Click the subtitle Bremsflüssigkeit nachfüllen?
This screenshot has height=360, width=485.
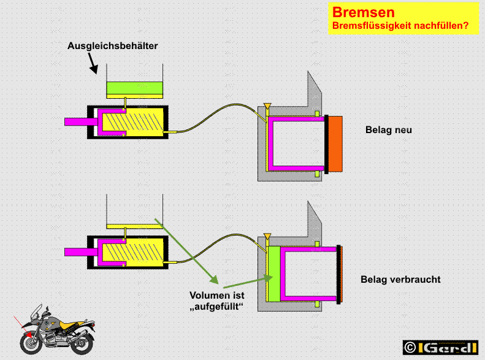tap(400, 26)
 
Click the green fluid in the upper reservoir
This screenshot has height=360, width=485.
tap(134, 88)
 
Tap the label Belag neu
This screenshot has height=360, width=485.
tap(389, 130)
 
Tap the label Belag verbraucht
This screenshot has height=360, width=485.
tap(400, 280)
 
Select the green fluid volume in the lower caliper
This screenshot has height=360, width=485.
tap(274, 275)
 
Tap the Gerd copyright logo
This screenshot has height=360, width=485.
tap(440, 347)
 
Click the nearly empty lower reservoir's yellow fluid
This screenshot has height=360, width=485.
tap(134, 226)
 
